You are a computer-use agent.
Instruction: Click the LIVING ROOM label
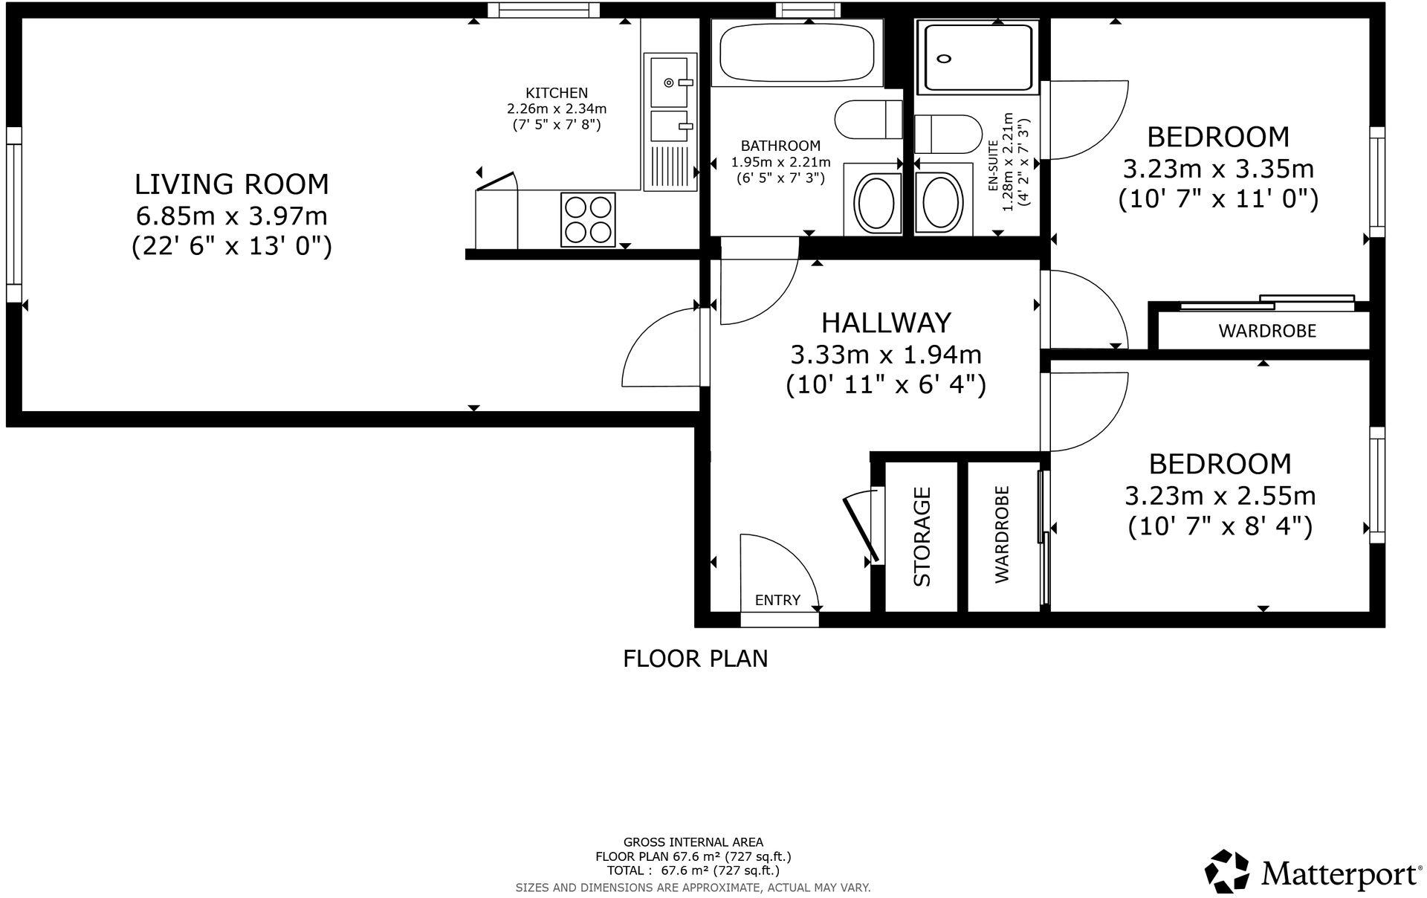click(231, 184)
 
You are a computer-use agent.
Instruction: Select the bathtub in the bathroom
click(797, 51)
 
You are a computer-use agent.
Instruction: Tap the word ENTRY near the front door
click(777, 600)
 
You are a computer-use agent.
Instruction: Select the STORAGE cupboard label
click(922, 536)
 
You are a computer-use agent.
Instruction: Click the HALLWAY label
click(886, 323)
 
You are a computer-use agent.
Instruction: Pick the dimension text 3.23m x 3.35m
click(1218, 169)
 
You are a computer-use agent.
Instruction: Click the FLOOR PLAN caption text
click(695, 659)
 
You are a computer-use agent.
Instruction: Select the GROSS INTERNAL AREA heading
click(693, 842)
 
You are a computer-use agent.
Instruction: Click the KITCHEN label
click(557, 93)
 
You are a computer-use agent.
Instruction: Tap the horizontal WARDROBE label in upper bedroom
click(1266, 331)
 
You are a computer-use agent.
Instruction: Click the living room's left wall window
click(13, 214)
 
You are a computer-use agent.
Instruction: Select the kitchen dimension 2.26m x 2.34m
click(557, 109)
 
